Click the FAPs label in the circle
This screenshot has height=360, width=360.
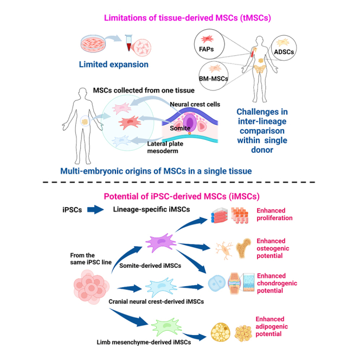tap(206, 49)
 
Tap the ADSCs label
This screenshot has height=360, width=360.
tap(284, 52)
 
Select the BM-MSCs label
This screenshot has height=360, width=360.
tap(214, 79)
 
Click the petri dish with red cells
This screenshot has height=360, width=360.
tap(93, 43)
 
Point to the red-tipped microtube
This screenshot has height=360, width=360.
tap(128, 42)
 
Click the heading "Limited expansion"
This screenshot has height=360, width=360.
tap(114, 65)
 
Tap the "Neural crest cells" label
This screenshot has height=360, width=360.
tap(195, 105)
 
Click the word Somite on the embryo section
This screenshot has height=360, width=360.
tap(180, 128)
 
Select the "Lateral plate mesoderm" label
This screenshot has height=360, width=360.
tap(165, 147)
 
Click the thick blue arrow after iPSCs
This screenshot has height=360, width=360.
tap(95, 210)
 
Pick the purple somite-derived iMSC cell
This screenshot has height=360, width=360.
tap(161, 243)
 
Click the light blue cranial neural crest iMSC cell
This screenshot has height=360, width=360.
tap(161, 287)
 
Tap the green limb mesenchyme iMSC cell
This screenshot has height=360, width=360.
tap(166, 327)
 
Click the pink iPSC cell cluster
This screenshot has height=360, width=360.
tap(92, 287)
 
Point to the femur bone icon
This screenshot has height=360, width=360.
tap(243, 248)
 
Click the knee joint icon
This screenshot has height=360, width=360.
tap(234, 284)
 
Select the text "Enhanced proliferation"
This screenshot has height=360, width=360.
tap(274, 214)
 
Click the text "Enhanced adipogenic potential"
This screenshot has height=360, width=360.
tap(272, 326)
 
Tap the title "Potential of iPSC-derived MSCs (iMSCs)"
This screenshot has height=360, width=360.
tap(182, 196)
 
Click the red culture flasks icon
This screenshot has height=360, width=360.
tap(220, 215)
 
